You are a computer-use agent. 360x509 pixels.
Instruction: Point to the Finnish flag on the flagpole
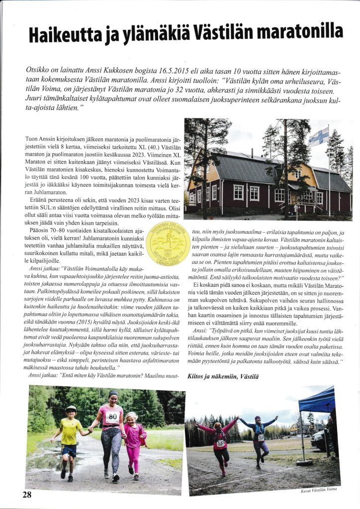pos(318,136)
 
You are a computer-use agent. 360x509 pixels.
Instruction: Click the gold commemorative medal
pos(167,243)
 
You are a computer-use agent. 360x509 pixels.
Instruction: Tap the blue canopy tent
pos(318,401)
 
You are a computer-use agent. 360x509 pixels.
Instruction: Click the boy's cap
pos(71,409)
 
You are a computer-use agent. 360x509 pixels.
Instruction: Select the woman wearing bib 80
pos(111,432)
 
